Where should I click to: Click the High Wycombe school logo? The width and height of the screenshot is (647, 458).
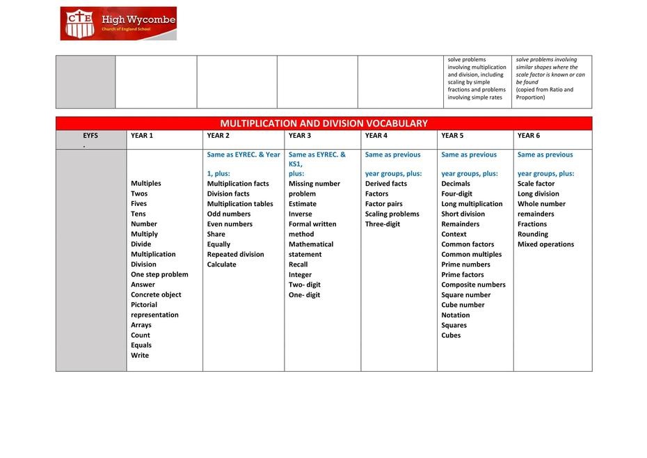118,24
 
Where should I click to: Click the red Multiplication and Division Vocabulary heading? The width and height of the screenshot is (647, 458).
323,123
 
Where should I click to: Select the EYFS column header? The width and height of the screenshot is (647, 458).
90,136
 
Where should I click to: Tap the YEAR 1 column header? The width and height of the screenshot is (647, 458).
142,136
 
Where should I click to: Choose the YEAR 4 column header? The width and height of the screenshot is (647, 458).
376,136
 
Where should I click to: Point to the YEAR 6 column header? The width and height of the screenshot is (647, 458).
529,136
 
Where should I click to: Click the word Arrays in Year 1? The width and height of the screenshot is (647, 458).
141,325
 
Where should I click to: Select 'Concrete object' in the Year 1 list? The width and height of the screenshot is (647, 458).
156,294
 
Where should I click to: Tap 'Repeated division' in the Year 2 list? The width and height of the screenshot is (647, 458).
235,254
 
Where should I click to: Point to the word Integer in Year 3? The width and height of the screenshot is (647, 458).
301,274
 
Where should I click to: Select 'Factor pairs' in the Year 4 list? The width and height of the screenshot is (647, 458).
384,204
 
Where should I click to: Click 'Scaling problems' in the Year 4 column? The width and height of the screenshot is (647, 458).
392,214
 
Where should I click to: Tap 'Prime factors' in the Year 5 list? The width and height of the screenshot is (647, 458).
463,274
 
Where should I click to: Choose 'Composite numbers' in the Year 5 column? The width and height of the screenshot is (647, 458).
473,285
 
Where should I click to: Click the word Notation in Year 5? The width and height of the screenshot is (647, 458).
456,315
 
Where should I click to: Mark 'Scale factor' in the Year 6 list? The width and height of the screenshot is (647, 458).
536,184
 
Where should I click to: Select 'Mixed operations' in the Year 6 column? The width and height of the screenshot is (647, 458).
546,244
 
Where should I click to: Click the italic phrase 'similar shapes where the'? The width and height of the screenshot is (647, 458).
547,68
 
